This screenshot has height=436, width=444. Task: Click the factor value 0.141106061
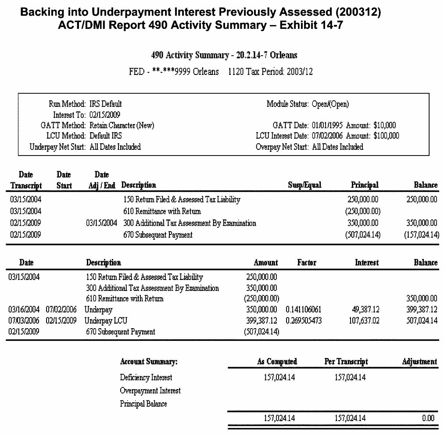coord(303,310)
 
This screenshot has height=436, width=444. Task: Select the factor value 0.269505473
coord(303,321)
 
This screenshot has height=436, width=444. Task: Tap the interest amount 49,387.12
coord(366,310)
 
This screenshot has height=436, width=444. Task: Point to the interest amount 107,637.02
coord(365,321)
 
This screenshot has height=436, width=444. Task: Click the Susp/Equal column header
coord(304,185)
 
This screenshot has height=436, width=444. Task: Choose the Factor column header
coord(306,263)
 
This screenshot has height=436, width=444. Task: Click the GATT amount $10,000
coord(384,125)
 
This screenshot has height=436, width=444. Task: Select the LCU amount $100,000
coord(386,136)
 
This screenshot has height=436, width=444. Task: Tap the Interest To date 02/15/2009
coord(104,115)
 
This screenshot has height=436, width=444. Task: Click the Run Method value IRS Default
coord(105,104)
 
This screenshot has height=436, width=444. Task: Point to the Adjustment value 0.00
coord(428,418)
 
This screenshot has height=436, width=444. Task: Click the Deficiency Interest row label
coord(146,378)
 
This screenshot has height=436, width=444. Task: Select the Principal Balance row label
coord(143,404)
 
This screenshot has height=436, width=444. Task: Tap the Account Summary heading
coord(148,362)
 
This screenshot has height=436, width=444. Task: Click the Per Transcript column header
coord(346,362)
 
